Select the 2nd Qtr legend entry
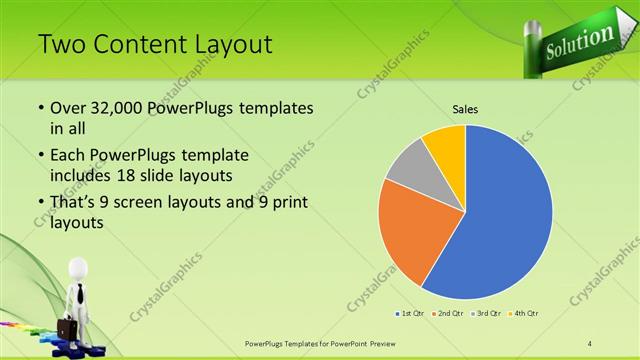pos(448,314)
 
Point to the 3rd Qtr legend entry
pos(487,314)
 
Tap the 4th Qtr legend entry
pos(526,314)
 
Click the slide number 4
pos(590,344)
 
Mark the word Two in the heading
pos(62,45)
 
